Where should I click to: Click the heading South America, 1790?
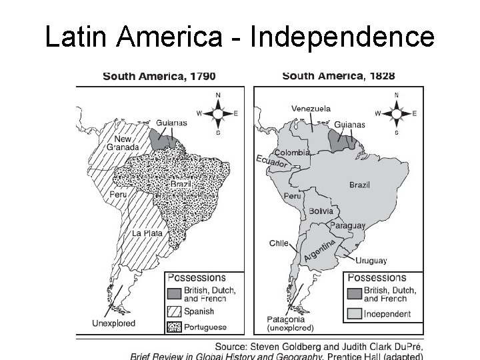159,76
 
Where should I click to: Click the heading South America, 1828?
338,76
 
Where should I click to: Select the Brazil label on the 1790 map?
180,183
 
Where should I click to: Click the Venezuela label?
310,109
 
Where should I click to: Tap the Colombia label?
293,153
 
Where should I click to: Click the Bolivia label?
321,211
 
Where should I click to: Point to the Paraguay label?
347,226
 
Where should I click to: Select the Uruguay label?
371,260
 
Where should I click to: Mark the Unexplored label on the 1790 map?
113,323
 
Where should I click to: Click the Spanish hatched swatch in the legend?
174,311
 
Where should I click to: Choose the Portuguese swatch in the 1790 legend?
174,326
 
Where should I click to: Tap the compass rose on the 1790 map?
218,113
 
